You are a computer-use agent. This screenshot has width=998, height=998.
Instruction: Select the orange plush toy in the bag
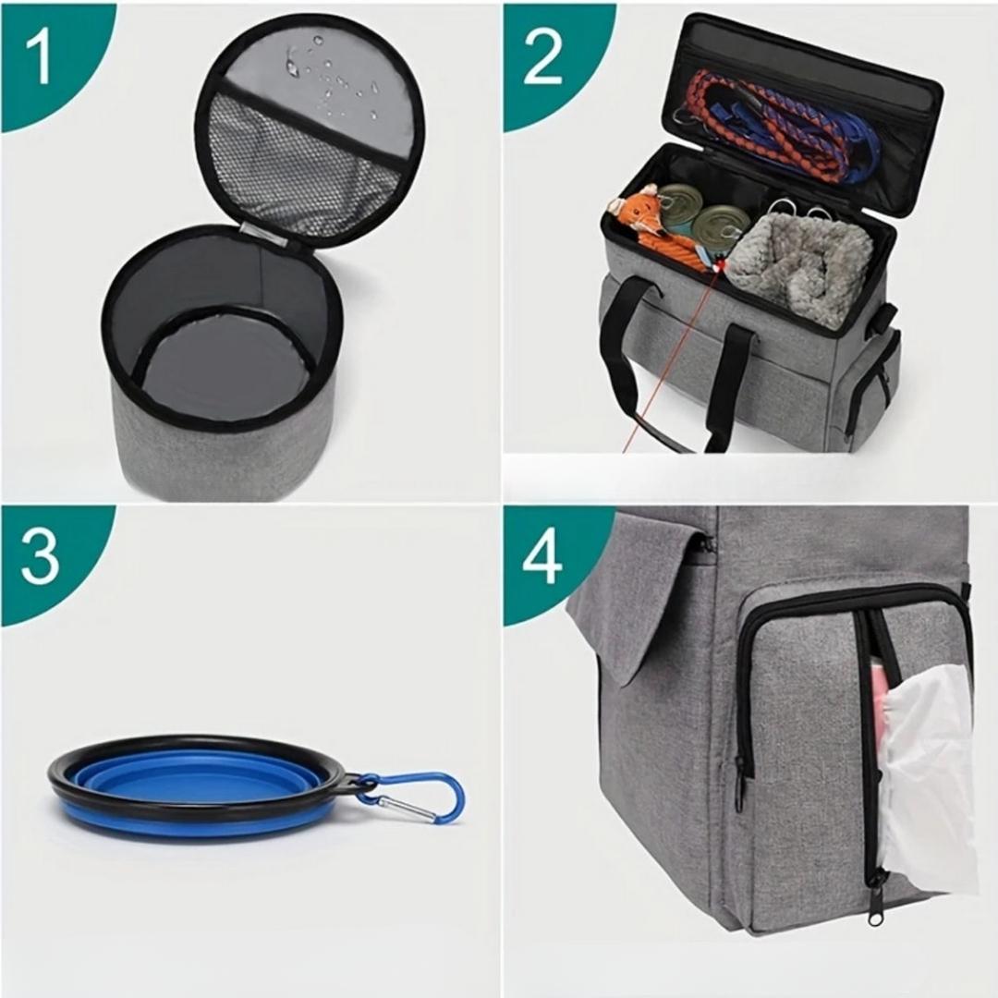[x=647, y=222]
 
